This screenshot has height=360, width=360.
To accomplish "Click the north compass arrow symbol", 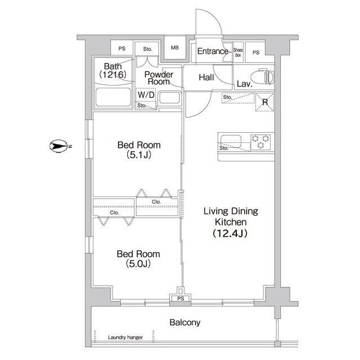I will [58, 146].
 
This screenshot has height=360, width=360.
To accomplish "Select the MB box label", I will [174, 48].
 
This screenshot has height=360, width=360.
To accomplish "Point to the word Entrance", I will [213, 52].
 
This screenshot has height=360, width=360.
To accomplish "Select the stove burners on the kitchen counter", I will [260, 141].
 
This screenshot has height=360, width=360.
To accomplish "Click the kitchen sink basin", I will [231, 141].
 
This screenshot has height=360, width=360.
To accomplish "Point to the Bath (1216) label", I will [113, 70].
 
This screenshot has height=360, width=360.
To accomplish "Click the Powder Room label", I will [159, 78].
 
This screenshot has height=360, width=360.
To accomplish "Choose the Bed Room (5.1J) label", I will [135, 150].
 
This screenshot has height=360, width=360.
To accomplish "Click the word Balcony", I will [185, 323].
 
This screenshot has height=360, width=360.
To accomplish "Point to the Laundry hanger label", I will [125, 337].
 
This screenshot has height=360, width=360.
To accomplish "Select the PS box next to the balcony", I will [181, 299].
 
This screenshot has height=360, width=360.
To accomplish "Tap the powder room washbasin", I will [169, 97].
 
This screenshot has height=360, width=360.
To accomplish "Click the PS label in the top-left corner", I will [122, 48].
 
